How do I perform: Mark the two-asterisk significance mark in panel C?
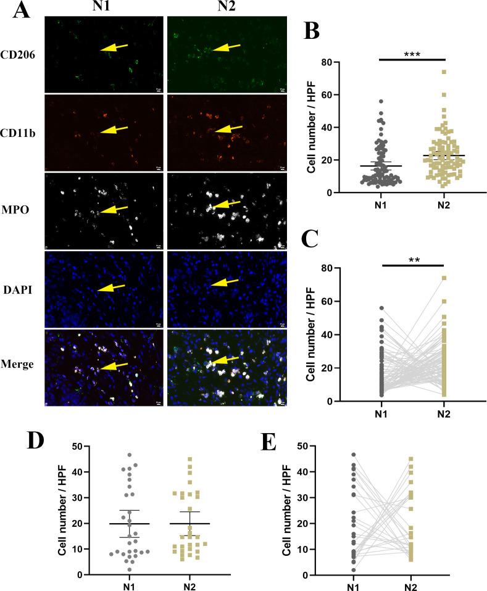tap(412, 261)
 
